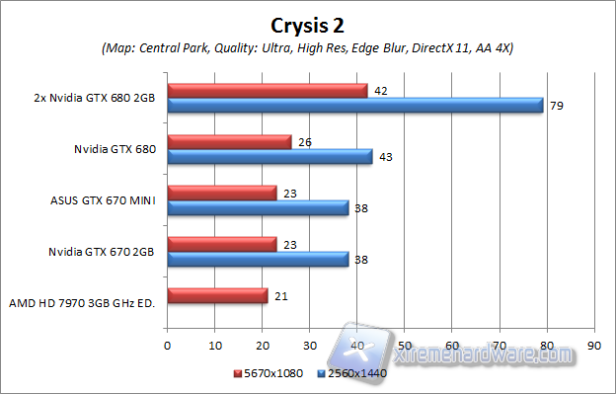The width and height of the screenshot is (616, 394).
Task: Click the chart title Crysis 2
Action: coord(307,23)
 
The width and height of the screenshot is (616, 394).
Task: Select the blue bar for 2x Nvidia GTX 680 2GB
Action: coord(355,106)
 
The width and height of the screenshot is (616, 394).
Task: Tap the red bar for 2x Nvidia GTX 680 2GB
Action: coord(268,91)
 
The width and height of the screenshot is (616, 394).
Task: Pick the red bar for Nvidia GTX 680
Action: coord(229,142)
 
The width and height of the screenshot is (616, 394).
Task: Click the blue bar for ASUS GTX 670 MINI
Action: coord(258,208)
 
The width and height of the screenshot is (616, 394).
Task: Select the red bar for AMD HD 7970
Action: coord(217,296)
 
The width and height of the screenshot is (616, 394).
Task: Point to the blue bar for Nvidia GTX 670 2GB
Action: coord(258,260)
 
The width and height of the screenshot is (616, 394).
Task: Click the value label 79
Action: coord(557,106)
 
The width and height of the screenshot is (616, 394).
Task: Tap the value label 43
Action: coord(386,157)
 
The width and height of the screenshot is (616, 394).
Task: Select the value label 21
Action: coord(281,296)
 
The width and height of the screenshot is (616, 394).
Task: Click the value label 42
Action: coord(381,90)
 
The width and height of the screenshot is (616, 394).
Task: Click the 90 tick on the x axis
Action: coord(592,346)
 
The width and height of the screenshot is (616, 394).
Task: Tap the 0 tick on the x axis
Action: coord(167,346)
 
